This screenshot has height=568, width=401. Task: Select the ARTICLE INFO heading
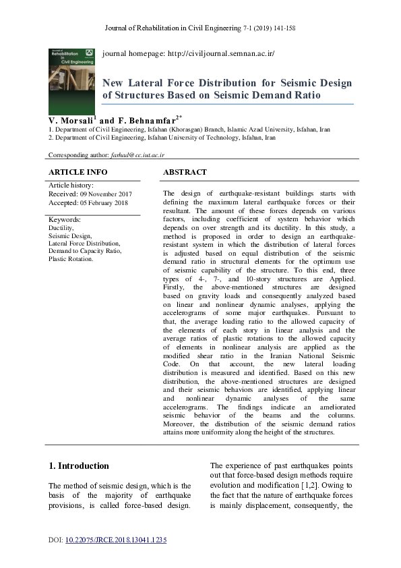pos(78,173)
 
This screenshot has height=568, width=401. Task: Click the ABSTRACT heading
pos(185,173)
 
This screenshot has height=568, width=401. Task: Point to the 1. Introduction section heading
pos(79,465)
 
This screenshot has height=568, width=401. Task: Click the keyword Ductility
pos(61,229)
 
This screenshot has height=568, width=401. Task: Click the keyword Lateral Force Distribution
pos(84,244)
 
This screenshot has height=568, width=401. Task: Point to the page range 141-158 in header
pos(282,28)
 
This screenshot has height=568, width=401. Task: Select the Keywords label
pos(65,220)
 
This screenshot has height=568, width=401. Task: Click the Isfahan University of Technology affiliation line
pos(162,137)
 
